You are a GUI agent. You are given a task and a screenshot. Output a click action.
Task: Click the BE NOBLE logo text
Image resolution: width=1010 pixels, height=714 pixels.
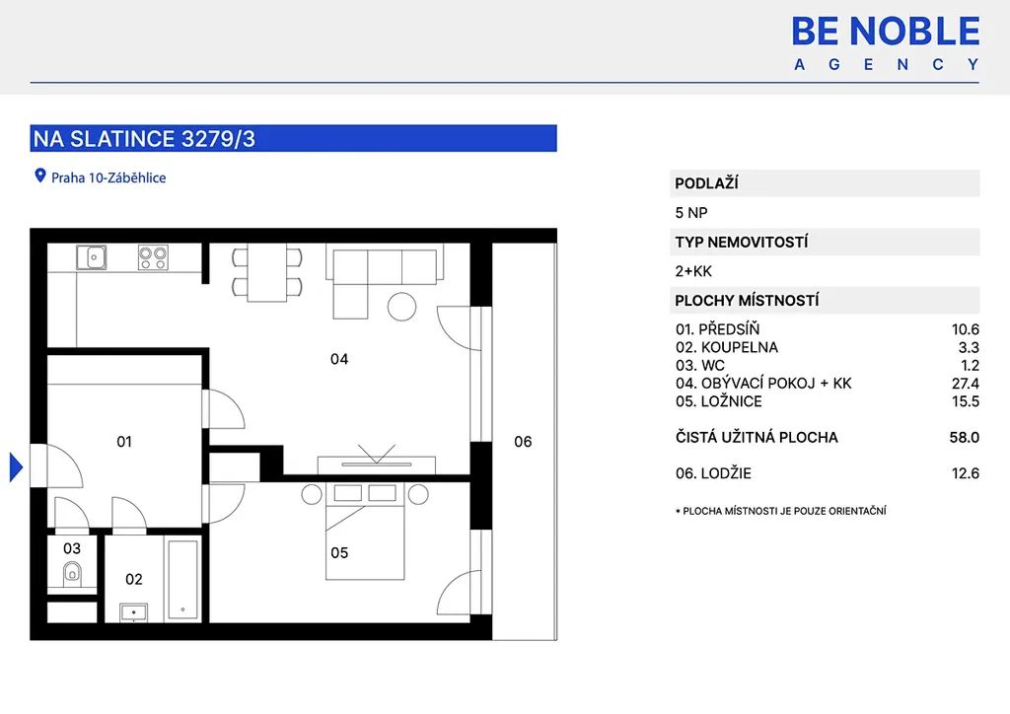886,32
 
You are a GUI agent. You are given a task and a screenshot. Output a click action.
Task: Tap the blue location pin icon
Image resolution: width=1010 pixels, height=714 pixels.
39,176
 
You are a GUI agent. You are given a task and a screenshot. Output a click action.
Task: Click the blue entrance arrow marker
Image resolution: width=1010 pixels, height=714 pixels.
16,466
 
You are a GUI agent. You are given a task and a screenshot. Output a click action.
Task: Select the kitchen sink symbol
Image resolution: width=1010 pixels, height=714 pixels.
92,257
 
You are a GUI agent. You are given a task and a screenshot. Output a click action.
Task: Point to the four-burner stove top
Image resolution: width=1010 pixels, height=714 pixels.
153,257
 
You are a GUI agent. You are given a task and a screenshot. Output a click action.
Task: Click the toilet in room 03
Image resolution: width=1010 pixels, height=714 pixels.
72,573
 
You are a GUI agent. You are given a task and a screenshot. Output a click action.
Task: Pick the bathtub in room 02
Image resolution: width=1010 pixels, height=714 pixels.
182,580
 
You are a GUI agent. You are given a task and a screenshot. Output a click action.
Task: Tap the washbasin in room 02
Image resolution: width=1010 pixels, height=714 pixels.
134,612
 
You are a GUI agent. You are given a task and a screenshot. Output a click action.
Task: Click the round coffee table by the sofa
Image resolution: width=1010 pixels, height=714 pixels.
402,307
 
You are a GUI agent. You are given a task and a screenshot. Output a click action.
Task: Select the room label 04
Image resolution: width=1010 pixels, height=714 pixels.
339,359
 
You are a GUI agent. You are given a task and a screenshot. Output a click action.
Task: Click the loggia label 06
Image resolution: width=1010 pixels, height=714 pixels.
523,442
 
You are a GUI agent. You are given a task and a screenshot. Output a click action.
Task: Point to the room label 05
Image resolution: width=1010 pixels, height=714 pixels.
339,553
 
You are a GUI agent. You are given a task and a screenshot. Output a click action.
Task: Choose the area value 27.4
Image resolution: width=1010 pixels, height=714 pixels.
965,384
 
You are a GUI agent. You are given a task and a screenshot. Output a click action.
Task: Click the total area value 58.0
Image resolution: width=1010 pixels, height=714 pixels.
965,438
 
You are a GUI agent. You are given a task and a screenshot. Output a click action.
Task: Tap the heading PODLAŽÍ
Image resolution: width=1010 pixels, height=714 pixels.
706,183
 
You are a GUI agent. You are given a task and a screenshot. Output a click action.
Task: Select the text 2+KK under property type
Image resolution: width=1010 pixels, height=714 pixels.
693,271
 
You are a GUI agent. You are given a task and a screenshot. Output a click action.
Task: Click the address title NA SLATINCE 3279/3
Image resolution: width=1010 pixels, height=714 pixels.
144,139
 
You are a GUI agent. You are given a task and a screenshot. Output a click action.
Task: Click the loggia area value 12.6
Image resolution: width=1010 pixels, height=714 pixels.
965,473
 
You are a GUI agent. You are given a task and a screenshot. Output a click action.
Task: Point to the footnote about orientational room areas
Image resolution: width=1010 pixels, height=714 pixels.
781,511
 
